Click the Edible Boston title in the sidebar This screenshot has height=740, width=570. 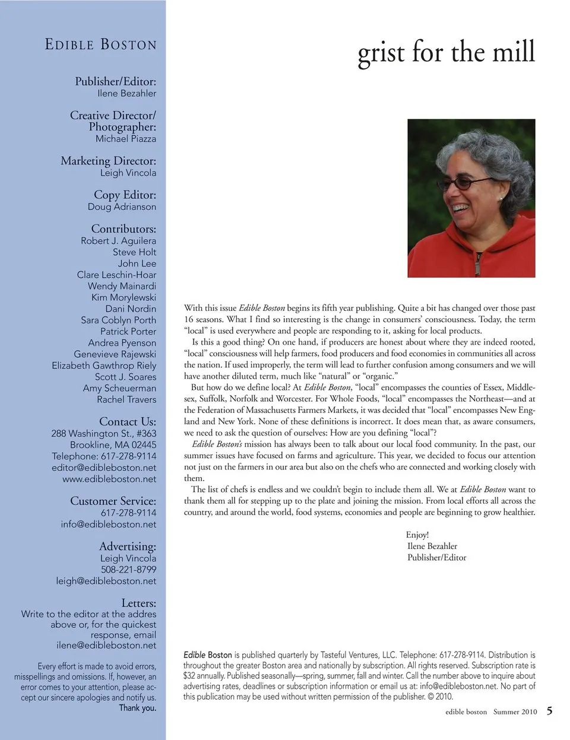[x=101, y=45]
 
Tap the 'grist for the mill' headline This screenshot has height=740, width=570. [x=446, y=53]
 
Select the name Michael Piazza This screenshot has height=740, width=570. [x=126, y=139]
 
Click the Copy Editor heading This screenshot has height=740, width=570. [x=125, y=195]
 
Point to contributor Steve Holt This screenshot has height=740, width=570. [x=135, y=252]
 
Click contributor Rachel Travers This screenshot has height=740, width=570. [x=126, y=399]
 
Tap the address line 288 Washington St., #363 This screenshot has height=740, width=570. [x=104, y=433]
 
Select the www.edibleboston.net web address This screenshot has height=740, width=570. [x=109, y=479]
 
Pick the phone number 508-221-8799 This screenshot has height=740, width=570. [x=128, y=570]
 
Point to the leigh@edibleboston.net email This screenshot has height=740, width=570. [x=106, y=581]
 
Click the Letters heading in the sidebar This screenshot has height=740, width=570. [x=138, y=603]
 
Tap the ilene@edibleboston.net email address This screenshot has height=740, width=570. [x=106, y=645]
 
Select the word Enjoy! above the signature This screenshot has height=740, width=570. [x=417, y=535]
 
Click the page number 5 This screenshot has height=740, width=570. [x=550, y=711]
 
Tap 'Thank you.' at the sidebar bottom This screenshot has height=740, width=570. [x=137, y=708]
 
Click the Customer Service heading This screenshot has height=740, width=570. [x=113, y=501]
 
